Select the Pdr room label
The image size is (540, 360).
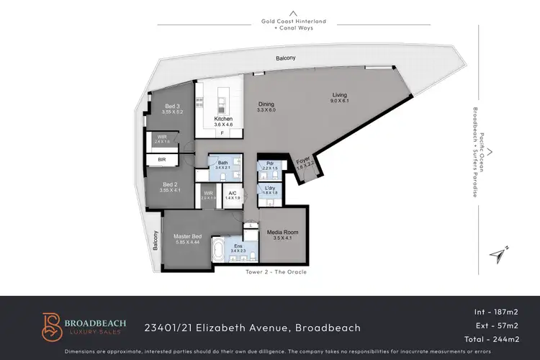(269, 165)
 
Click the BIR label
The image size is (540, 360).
(163, 159)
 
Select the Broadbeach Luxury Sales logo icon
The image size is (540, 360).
(50, 326)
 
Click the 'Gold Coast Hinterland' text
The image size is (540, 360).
(293, 22)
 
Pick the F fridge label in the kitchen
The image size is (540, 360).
(222, 133)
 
